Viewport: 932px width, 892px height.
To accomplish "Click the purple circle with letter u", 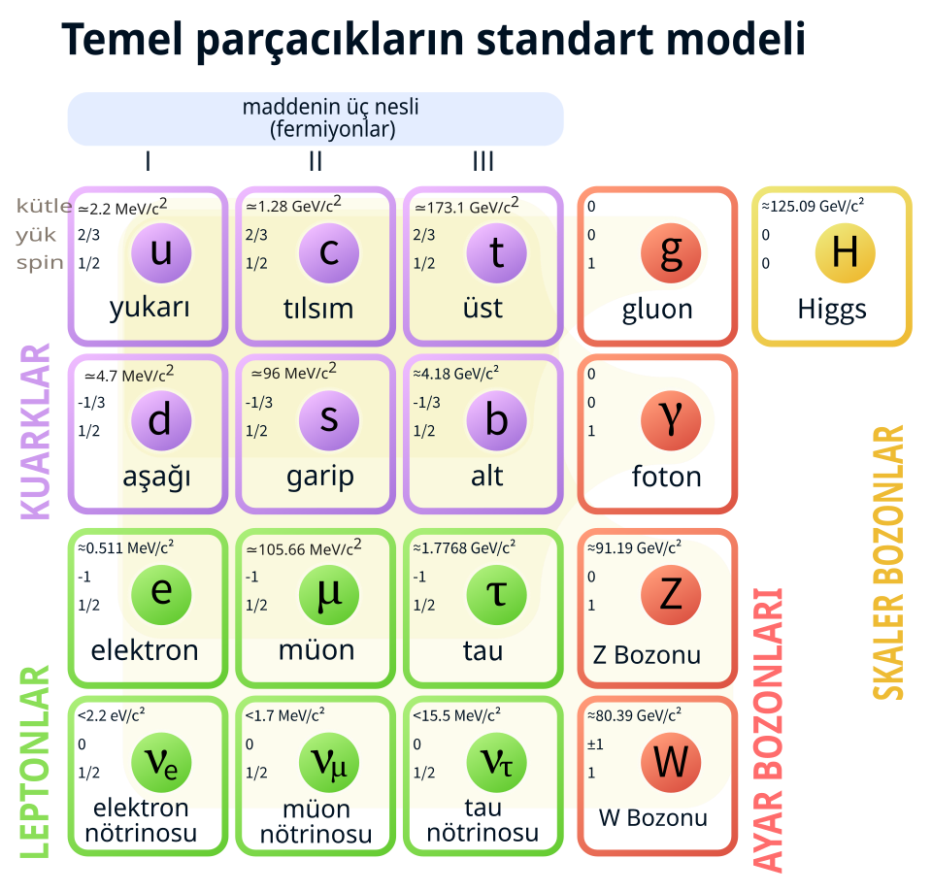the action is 161,253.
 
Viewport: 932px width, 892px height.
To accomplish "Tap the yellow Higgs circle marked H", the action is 845,253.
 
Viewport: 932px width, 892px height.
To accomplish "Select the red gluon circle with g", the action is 671,253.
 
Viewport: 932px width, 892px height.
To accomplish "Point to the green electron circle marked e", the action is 161,595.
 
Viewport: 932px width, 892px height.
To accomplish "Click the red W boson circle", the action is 671,763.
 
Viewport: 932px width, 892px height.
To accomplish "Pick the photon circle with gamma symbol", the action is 671,420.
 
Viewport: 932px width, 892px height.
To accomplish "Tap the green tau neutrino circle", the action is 496,763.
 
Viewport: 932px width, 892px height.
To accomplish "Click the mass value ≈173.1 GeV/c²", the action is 467,206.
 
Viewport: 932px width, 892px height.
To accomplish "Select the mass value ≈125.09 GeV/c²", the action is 813,206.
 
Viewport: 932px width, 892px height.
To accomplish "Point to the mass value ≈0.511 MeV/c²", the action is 125,547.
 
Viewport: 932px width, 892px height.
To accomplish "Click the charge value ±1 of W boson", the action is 595,744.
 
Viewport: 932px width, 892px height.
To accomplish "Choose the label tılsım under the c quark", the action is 318,309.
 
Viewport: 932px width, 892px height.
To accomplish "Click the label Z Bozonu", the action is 647,655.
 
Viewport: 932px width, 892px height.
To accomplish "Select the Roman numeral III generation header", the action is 483,161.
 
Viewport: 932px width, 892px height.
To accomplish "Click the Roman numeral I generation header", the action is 148,161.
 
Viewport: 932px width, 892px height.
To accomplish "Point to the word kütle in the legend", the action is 44,206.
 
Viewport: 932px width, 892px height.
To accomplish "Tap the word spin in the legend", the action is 40,263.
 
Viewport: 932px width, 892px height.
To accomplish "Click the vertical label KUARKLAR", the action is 35,432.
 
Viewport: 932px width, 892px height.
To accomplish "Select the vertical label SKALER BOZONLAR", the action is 888,563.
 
